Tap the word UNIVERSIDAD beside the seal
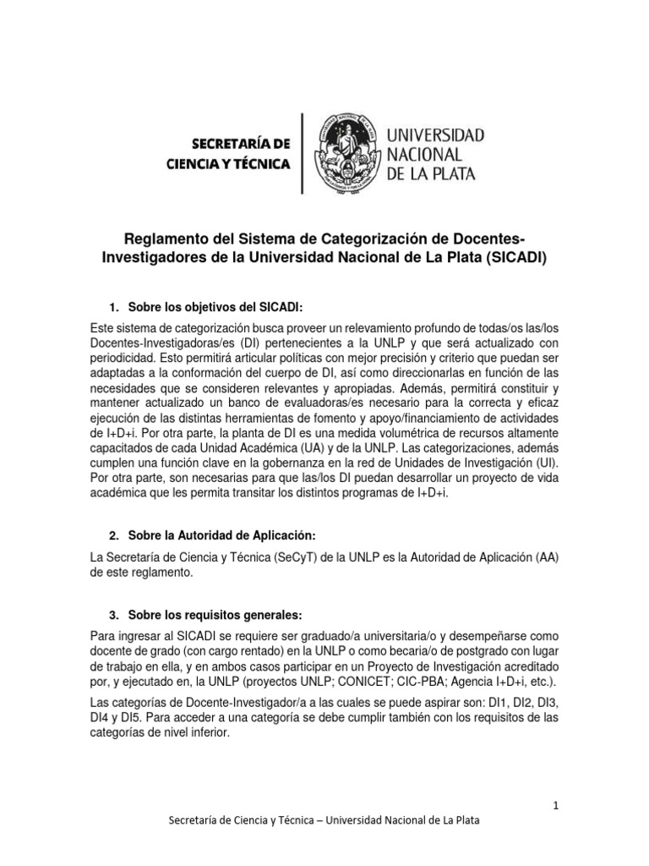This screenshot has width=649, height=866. pyautogui.click(x=435, y=135)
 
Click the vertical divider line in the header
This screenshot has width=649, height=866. pyautogui.click(x=302, y=152)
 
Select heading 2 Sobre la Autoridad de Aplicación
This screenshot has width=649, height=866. pyautogui.click(x=221, y=537)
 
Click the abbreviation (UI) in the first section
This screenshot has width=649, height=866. pyautogui.click(x=553, y=465)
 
